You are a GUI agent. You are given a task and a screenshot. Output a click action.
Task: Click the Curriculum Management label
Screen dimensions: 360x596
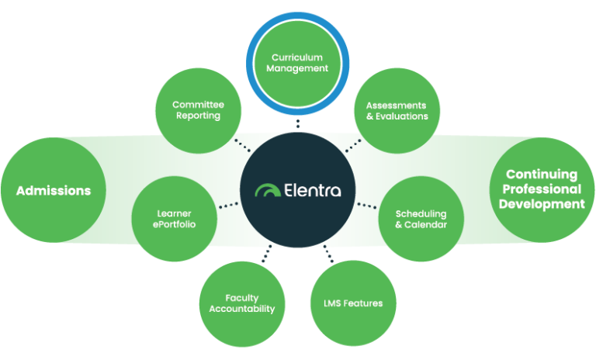pyautogui.click(x=297, y=63)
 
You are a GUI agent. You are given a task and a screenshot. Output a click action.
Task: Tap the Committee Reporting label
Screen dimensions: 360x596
pyautogui.click(x=196, y=110)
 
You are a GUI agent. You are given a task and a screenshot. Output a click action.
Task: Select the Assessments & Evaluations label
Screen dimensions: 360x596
pyautogui.click(x=397, y=110)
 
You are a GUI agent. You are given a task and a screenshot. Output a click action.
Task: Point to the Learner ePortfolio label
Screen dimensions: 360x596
pyautogui.click(x=174, y=219)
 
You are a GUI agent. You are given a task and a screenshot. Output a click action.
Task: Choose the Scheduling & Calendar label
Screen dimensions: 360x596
pyautogui.click(x=421, y=219)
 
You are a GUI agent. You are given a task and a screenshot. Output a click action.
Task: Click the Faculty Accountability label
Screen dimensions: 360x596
pyautogui.click(x=242, y=303)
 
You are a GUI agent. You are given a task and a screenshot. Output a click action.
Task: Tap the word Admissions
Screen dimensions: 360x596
pyautogui.click(x=54, y=191)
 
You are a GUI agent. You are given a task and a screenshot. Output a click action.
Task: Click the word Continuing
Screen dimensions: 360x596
pyautogui.click(x=542, y=175)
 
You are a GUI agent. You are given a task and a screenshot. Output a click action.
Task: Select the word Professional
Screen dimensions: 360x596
pyautogui.click(x=542, y=189)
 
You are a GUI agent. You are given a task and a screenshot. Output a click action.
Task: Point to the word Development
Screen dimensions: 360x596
pyautogui.click(x=542, y=204)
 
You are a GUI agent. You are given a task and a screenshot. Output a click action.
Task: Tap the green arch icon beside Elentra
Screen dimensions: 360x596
pyautogui.click(x=269, y=191)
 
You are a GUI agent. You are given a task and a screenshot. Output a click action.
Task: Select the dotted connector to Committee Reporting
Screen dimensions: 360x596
pyautogui.click(x=242, y=145)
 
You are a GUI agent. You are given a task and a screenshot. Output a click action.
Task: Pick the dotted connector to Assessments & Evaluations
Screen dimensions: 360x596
pyautogui.click(x=352, y=145)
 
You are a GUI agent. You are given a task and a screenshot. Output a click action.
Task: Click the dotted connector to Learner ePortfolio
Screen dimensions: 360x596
pyautogui.click(x=229, y=206)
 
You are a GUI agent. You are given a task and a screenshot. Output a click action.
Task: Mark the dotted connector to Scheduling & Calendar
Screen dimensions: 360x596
pyautogui.click(x=366, y=206)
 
